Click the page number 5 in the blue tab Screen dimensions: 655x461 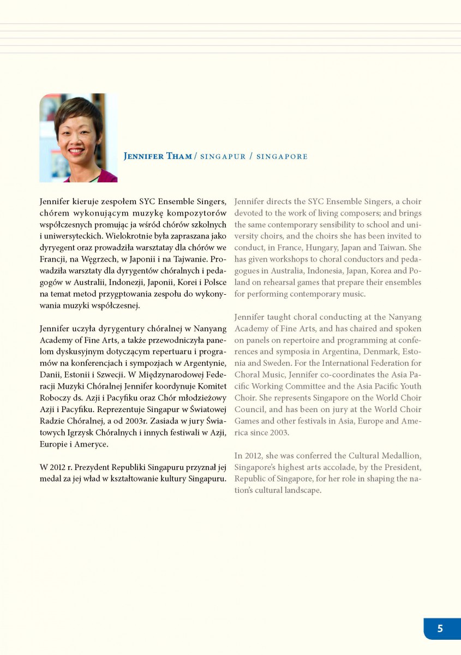[440, 628]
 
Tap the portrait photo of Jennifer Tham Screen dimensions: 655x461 [78, 138]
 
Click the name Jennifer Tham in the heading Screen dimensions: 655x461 [158, 157]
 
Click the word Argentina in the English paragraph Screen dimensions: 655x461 [347, 352]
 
